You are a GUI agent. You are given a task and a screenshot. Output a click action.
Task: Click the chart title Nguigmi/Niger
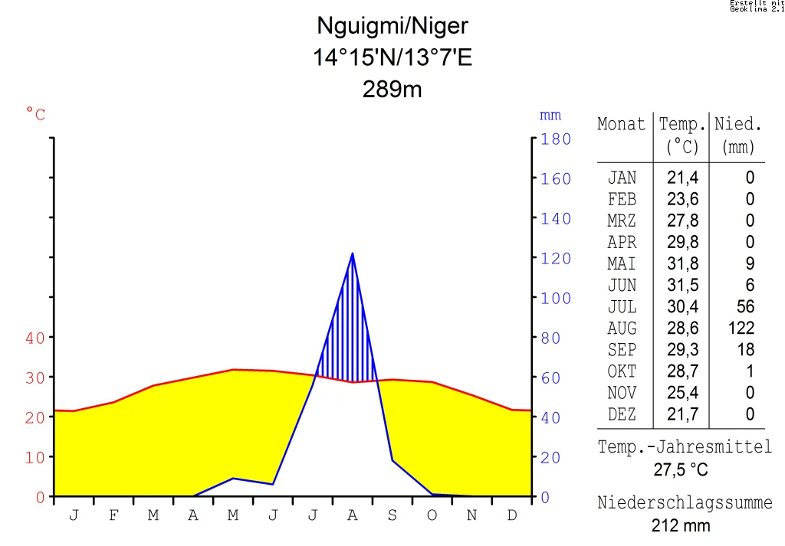(x=392, y=27)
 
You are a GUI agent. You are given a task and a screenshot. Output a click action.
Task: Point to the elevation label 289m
(x=392, y=90)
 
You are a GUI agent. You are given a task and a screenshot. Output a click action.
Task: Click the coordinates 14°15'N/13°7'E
(x=392, y=58)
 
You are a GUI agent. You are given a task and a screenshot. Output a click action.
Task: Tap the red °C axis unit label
(x=35, y=115)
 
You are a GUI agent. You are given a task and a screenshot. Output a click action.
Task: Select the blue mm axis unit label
(x=550, y=116)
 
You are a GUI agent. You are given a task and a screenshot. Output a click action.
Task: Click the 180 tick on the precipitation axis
(x=556, y=139)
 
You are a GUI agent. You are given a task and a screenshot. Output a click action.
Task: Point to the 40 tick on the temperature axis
(x=35, y=338)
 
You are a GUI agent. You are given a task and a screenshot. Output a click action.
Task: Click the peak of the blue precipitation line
(x=352, y=253)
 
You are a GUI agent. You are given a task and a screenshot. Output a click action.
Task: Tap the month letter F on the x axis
(x=113, y=515)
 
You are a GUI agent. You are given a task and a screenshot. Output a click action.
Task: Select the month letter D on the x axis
(x=512, y=515)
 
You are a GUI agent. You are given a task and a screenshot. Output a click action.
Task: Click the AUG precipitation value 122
(x=741, y=329)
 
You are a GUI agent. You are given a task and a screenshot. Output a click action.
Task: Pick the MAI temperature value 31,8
(x=682, y=264)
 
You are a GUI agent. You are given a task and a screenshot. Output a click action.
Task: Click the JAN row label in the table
(x=622, y=178)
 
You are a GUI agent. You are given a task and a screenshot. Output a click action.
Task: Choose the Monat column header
(x=621, y=124)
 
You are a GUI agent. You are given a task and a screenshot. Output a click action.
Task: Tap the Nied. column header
(x=738, y=124)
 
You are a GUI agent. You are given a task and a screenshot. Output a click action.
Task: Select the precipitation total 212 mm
(x=681, y=526)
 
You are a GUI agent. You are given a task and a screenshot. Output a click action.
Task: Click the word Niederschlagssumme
(x=685, y=503)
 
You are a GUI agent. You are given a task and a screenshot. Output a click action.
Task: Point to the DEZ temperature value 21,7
(x=682, y=414)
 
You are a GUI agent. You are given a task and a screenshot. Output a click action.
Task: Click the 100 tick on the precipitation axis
(x=556, y=299)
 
